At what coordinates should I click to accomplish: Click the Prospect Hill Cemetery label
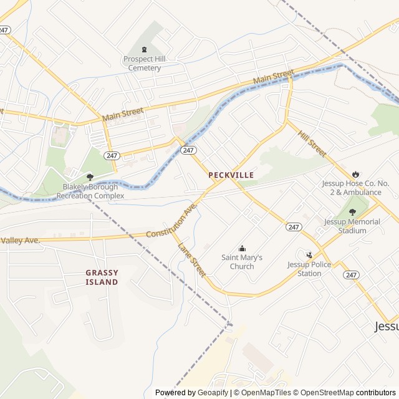[x=142, y=63]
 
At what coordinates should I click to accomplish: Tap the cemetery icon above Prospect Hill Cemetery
[x=145, y=50]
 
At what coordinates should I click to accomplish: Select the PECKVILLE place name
[x=231, y=175]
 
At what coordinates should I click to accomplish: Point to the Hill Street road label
[x=312, y=144]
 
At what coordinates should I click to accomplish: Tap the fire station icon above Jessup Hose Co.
[x=355, y=175]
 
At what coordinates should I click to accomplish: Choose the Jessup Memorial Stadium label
[x=353, y=226]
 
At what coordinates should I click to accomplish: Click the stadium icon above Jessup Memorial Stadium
[x=353, y=213]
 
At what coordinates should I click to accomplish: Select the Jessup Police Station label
[x=313, y=269]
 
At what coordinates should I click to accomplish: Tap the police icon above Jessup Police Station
[x=309, y=254]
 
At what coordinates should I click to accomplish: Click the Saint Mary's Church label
[x=242, y=262]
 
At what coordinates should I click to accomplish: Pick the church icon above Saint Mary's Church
[x=242, y=249]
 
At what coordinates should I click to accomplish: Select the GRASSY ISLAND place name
[x=102, y=277]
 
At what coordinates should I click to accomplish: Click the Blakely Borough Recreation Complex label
[x=90, y=191]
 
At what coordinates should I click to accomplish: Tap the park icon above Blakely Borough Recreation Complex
[x=90, y=176]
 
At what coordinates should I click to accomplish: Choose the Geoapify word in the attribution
[x=213, y=393]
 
